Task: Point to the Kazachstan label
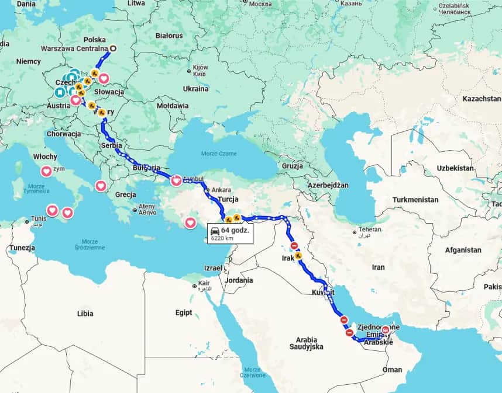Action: click(482, 99)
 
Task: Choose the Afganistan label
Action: click(462, 250)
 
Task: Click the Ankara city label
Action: click(221, 190)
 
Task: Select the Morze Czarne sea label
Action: click(220, 153)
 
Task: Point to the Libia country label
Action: click(85, 314)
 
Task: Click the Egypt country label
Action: click(183, 313)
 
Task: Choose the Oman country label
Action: click(392, 370)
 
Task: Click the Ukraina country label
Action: click(195, 89)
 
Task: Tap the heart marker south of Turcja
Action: click(191, 222)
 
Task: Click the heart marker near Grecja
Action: click(101, 186)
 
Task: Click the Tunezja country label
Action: click(22, 248)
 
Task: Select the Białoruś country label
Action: click(169, 36)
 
